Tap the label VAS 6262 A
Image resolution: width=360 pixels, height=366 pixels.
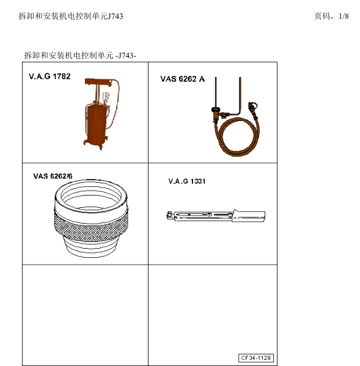(x=183, y=79)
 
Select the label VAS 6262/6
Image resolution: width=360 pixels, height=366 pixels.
(x=53, y=176)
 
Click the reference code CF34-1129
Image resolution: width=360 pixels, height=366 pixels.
(x=256, y=357)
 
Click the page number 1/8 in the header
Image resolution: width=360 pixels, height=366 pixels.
(x=343, y=16)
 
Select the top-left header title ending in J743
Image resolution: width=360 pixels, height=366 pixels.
(x=71, y=16)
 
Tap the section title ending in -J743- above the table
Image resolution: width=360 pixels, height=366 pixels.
(x=79, y=55)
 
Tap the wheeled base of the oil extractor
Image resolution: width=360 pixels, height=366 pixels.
(x=95, y=144)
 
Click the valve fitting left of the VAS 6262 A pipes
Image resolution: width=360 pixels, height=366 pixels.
(x=216, y=111)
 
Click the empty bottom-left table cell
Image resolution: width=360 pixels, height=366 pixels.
(x=85, y=314)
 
